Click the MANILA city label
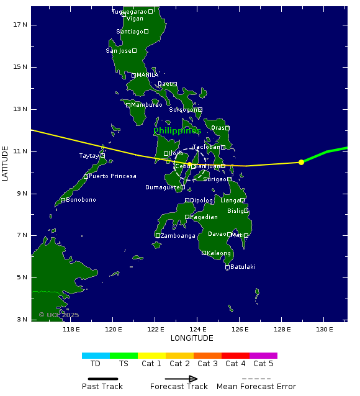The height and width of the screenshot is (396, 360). coord(147,75)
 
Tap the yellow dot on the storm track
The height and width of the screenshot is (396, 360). coord(301,162)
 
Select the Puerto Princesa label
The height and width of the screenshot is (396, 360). coord(112,176)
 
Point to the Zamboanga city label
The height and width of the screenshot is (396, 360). coord(178,236)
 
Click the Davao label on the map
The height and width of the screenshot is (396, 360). coord(217,234)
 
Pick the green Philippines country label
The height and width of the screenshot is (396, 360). coord(177,131)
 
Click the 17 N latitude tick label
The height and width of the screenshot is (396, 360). coord(20,24)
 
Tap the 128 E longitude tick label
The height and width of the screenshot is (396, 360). coord(282,329)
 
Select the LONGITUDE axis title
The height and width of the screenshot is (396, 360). coord(192,338)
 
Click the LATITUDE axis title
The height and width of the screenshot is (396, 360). coord(6,163)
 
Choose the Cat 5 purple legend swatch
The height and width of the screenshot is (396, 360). coord(263,356)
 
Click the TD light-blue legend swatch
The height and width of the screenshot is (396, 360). coord(96,356)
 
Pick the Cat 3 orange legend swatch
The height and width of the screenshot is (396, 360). coord(207,356)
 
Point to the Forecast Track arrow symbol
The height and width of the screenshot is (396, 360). coord(181,379)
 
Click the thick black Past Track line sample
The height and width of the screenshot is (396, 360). coord(102,379)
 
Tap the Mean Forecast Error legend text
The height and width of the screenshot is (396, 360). coord(256,387)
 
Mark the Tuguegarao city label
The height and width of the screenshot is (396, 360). coord(129,12)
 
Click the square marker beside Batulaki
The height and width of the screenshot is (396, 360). coord(227,267)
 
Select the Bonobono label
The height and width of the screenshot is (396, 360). coord(81,200)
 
